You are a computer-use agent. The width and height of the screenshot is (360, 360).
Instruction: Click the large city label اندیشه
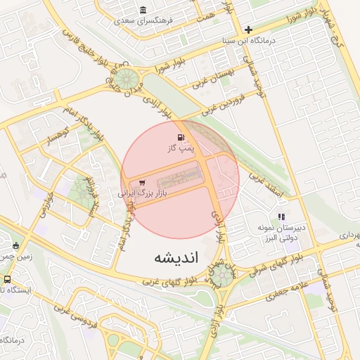[x=177, y=258]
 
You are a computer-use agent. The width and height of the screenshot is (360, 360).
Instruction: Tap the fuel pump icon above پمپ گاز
[x=181, y=137]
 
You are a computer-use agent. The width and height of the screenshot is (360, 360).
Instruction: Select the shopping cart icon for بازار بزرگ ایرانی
[x=143, y=182]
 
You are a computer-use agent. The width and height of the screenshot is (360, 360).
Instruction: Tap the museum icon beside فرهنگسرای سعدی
[x=143, y=10]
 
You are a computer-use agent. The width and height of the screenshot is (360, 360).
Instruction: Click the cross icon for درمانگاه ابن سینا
[x=247, y=30]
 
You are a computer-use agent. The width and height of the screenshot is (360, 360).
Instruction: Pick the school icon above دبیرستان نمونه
[x=281, y=217]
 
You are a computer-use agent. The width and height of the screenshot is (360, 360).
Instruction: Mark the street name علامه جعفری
[x=289, y=288]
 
